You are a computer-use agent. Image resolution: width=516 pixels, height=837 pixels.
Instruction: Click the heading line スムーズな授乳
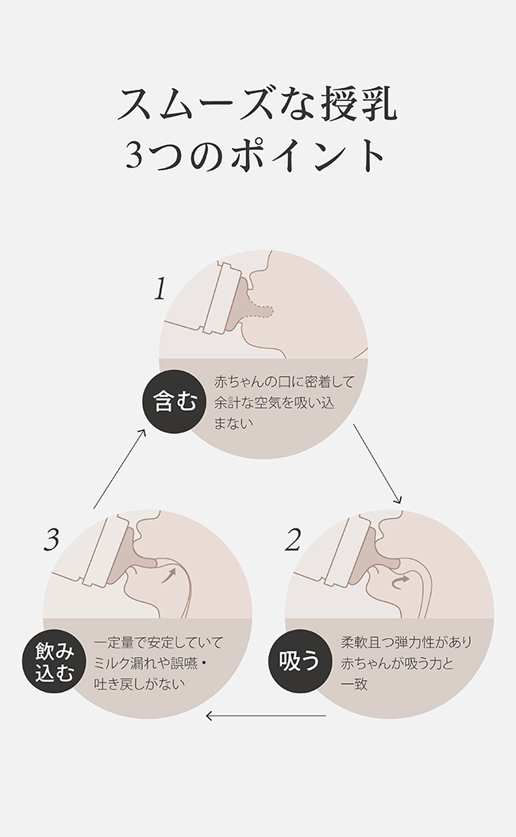click(257, 104)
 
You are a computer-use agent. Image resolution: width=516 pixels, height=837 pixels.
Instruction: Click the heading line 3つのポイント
click(257, 155)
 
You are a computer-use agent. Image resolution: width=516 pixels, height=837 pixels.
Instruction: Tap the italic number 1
click(160, 289)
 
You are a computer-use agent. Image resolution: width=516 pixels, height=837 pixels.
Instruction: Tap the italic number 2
click(293, 540)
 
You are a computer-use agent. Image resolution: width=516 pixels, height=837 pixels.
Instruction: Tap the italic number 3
click(52, 540)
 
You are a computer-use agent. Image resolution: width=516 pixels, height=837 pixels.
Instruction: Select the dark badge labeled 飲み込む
click(55, 661)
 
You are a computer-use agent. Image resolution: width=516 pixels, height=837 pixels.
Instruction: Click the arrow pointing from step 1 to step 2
click(376, 464)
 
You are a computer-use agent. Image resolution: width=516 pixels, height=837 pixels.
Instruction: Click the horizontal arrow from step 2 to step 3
click(265, 716)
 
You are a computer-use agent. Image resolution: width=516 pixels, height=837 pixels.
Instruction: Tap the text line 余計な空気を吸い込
click(274, 402)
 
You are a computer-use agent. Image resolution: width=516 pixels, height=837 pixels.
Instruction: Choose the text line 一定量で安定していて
click(159, 642)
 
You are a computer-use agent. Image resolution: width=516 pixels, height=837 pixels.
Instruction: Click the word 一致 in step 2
click(354, 683)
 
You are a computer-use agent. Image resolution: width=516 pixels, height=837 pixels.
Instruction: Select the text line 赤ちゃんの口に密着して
click(283, 382)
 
